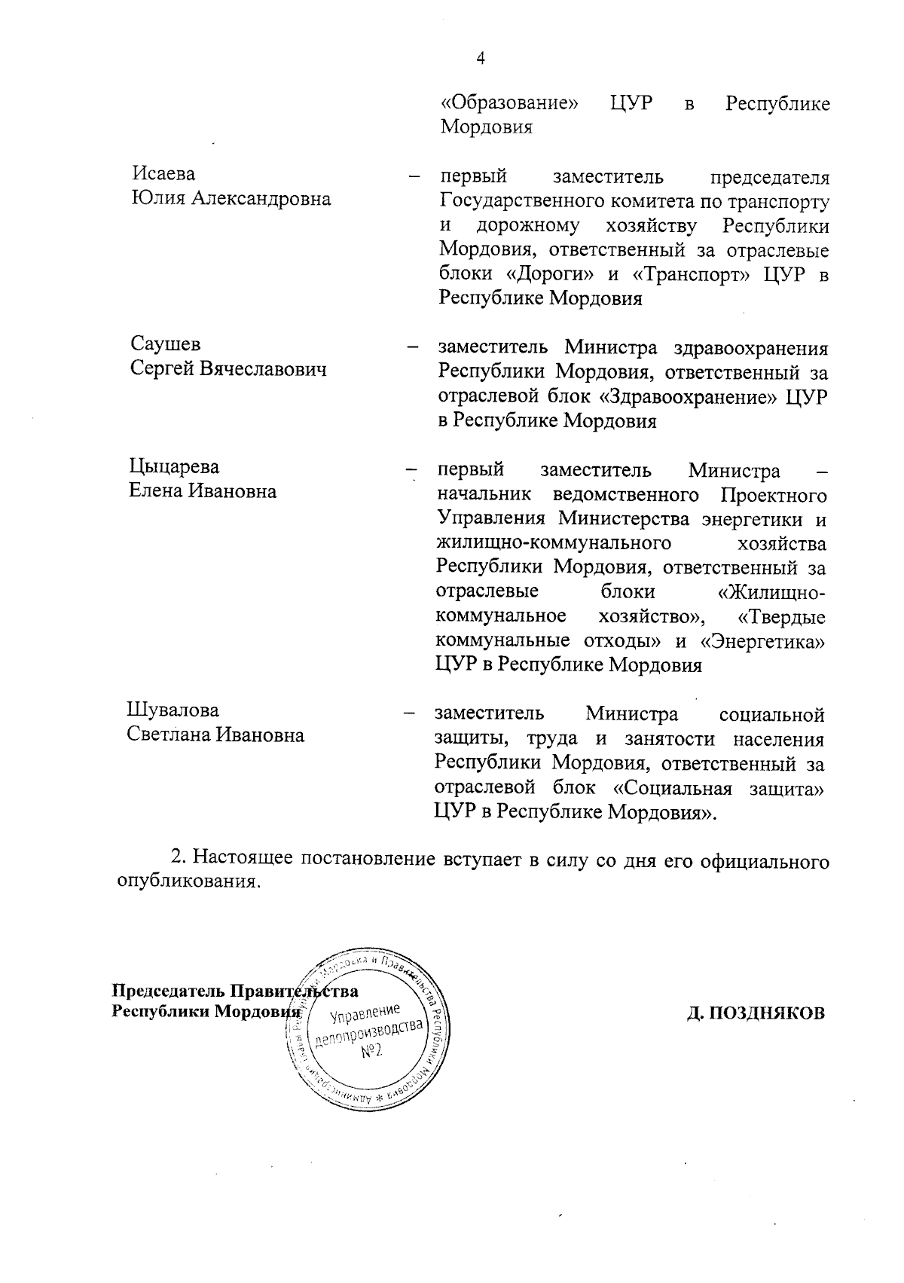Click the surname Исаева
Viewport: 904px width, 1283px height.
pyautogui.click(x=163, y=174)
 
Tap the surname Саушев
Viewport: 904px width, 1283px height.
pyautogui.click(x=166, y=344)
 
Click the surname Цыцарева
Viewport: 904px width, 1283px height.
pyautogui.click(x=174, y=466)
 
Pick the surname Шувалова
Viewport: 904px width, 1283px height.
pyautogui.click(x=173, y=710)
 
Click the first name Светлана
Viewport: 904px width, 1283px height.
pyautogui.click(x=169, y=735)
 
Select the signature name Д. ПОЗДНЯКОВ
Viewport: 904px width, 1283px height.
pyautogui.click(x=756, y=1013)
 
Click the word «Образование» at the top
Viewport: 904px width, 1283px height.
pyautogui.click(x=508, y=102)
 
